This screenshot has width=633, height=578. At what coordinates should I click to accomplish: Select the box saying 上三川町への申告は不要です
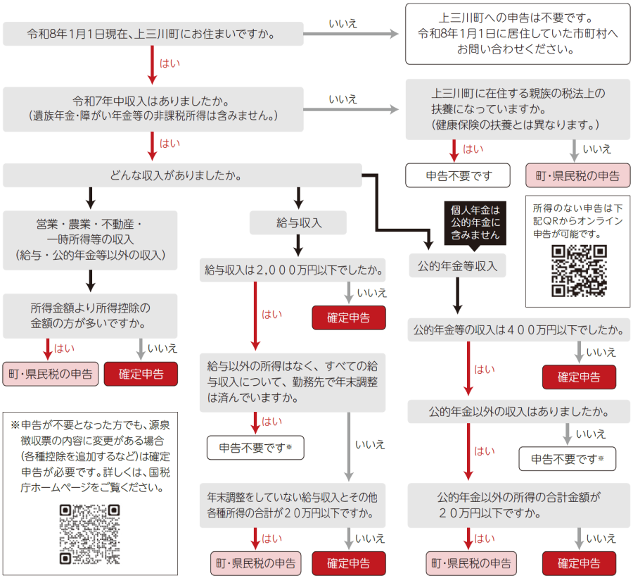[x=518, y=33]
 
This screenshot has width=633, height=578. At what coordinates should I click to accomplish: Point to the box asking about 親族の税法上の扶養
[x=518, y=108]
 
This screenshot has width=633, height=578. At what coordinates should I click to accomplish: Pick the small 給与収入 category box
[x=298, y=223]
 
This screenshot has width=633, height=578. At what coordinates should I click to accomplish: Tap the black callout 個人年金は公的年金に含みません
[x=475, y=222]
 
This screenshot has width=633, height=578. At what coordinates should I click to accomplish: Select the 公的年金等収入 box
[x=457, y=266]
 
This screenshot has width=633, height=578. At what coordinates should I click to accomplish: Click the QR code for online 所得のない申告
[x=578, y=271]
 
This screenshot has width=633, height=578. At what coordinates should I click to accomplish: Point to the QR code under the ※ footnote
[x=90, y=534]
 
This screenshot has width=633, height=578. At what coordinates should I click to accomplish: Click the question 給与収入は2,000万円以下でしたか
[x=293, y=270]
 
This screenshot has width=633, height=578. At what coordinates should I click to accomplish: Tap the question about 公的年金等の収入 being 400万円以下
[x=519, y=329]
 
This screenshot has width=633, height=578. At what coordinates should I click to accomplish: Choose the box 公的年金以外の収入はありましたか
[x=519, y=410]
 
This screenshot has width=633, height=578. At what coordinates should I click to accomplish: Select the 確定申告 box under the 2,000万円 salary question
[x=349, y=318]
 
